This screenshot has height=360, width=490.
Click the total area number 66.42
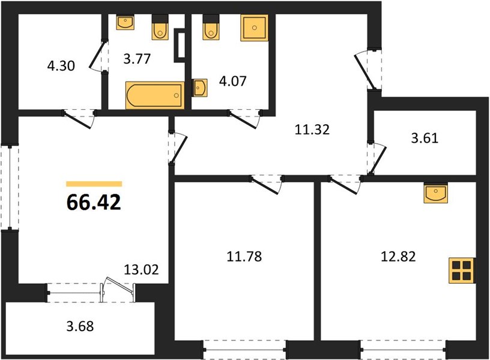pos(94,202)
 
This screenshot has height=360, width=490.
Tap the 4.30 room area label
pos(61,66)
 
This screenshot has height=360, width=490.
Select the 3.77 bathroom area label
pos(137,58)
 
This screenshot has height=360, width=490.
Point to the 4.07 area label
pos(233,81)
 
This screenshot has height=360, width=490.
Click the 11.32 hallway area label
pos(312,129)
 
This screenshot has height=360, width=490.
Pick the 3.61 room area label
pos(425,137)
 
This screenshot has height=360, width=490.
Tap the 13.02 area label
pos(141,269)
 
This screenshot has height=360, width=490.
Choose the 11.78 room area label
pos(244,257)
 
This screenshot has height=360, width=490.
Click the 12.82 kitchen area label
pos(399,257)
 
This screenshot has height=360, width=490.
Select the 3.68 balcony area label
pos(80,326)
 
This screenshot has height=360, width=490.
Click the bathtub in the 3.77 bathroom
pos(155,95)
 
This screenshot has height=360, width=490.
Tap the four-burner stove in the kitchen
pos(462,271)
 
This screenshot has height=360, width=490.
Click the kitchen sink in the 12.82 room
pos(435,193)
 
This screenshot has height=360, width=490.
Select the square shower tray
pos(255,28)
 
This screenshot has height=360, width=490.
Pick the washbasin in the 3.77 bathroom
pos(126,22)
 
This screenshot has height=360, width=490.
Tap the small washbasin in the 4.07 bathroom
pos(199,88)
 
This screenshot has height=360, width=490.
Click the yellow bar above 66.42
pos(94,184)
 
